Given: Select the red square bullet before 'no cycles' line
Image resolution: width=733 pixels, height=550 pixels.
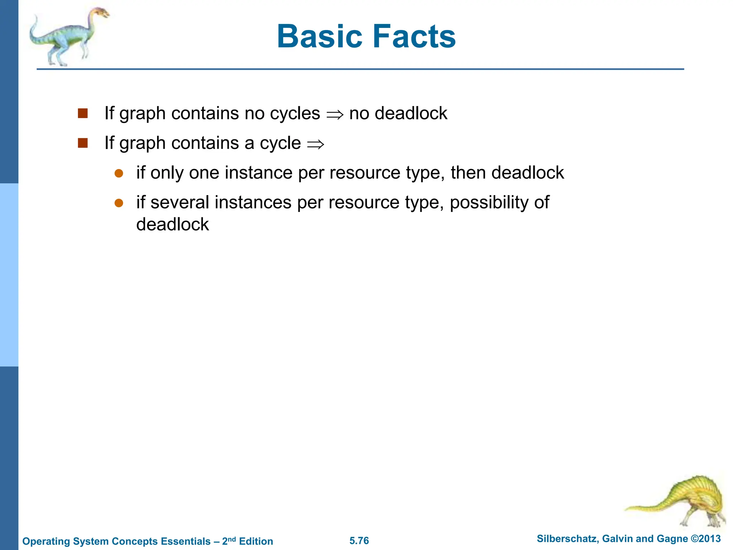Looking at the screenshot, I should tap(83, 114).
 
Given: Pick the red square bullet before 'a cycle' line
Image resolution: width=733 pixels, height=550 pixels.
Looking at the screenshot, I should tap(83, 143).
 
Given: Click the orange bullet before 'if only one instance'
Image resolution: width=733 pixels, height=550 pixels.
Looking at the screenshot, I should tap(119, 174).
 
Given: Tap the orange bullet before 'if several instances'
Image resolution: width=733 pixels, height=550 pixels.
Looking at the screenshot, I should tap(119, 203).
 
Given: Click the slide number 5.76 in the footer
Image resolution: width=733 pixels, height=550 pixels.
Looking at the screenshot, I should tap(359, 541).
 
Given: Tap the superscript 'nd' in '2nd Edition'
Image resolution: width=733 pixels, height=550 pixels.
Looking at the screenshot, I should tap(232, 539).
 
